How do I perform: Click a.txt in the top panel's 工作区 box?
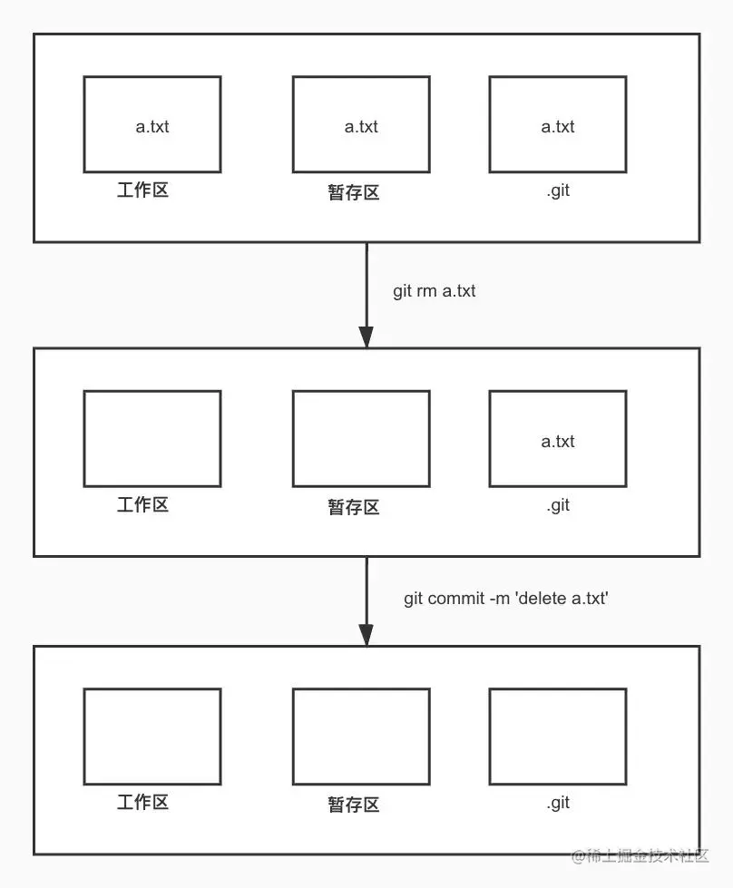tap(152, 126)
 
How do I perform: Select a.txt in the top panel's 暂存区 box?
tap(361, 126)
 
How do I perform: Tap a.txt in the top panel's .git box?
tap(558, 126)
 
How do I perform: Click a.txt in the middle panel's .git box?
tap(558, 442)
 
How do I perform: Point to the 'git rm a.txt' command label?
tap(434, 291)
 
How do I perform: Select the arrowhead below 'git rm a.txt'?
tap(366, 337)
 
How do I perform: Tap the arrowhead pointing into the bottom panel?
tap(366, 635)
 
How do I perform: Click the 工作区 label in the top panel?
tap(143, 190)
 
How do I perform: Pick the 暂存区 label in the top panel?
tap(354, 192)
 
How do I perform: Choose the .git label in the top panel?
tap(559, 191)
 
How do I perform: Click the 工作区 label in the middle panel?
tap(143, 505)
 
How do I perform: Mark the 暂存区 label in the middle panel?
tap(354, 507)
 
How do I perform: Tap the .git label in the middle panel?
tap(559, 505)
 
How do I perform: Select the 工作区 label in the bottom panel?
tap(143, 803)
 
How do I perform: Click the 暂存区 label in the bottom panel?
tap(354, 805)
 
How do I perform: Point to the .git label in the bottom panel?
tap(559, 803)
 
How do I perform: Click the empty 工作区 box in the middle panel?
tap(152, 439)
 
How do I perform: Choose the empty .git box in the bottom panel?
tap(558, 737)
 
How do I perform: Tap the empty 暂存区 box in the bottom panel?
tap(361, 737)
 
